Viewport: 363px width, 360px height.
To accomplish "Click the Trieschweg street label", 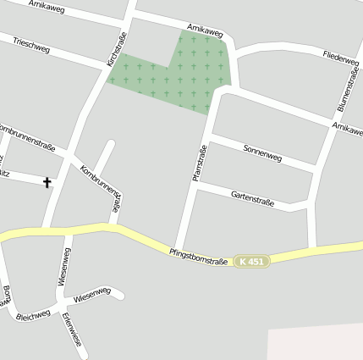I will pyautogui.click(x=31, y=45).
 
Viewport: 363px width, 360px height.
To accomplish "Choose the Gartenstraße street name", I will pyautogui.click(x=252, y=196).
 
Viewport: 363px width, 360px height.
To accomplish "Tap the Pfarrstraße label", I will pyautogui.click(x=201, y=163).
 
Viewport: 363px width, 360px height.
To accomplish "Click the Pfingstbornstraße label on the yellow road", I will pyautogui.click(x=198, y=255).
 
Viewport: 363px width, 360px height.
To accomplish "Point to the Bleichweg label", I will pyautogui.click(x=33, y=314).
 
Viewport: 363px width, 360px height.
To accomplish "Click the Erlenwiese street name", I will pyautogui.click(x=72, y=330).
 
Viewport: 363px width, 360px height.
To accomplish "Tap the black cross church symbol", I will pyautogui.click(x=47, y=182).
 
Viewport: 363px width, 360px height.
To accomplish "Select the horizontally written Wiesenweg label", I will pyautogui.click(x=91, y=296).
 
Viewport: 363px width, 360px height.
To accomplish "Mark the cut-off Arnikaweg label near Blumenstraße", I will pyautogui.click(x=348, y=127).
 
